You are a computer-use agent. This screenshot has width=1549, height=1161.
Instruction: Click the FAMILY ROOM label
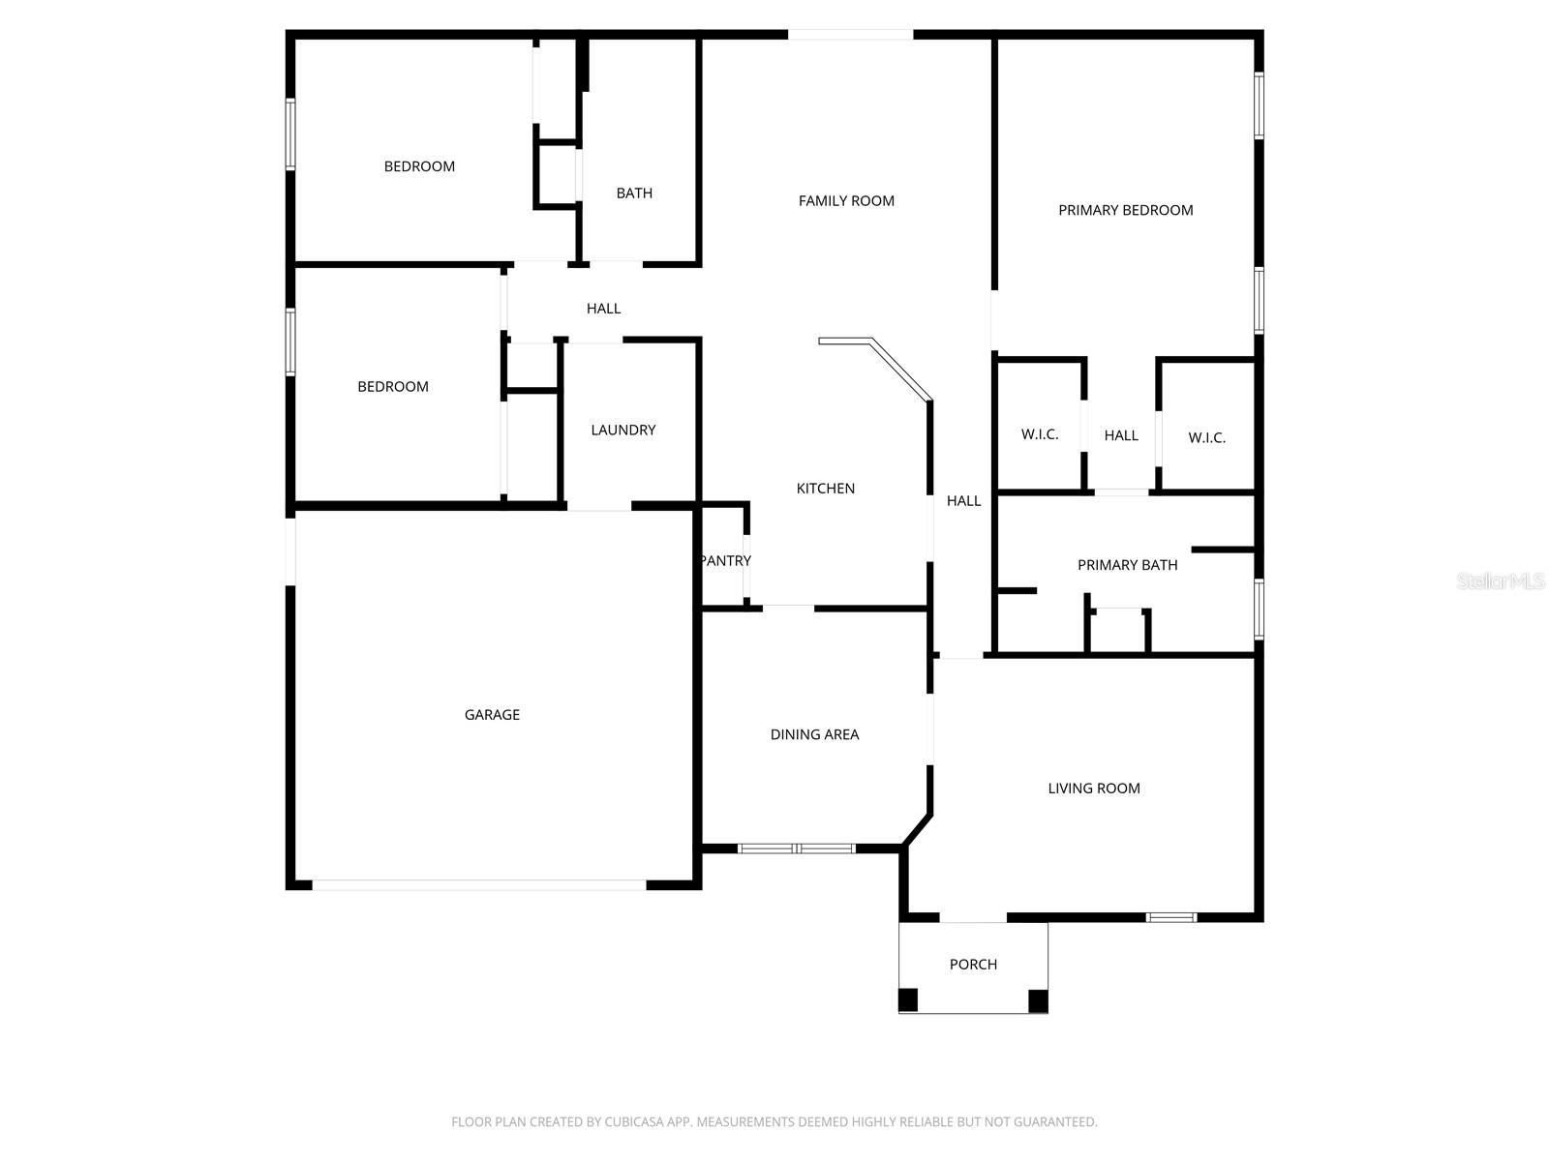click(x=846, y=201)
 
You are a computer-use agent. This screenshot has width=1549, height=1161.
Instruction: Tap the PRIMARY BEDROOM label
click(x=1126, y=210)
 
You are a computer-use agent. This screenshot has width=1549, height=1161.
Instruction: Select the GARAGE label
click(x=492, y=715)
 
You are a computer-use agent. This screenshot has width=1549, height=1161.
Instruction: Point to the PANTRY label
click(x=725, y=560)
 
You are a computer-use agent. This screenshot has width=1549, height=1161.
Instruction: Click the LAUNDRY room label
click(x=623, y=430)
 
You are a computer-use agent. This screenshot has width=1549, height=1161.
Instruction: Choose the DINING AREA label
click(x=814, y=734)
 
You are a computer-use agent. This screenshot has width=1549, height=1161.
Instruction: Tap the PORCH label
click(x=973, y=965)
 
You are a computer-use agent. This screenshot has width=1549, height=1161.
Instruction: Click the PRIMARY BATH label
click(x=1127, y=565)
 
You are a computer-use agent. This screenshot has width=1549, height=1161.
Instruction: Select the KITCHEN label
click(x=825, y=489)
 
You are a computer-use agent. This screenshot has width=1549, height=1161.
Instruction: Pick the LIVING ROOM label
click(x=1094, y=789)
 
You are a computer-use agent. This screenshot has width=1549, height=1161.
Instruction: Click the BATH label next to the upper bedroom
click(x=634, y=193)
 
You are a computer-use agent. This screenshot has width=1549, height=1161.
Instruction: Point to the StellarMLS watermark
click(x=1501, y=580)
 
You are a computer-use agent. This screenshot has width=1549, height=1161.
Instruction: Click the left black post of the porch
click(x=907, y=1000)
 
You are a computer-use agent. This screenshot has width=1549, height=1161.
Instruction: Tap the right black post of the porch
click(x=1038, y=1000)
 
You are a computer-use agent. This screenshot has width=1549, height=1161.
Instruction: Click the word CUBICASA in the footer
click(x=632, y=1121)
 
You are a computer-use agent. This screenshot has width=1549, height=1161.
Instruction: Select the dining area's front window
click(x=797, y=848)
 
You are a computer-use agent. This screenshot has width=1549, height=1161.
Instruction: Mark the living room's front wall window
click(x=1170, y=917)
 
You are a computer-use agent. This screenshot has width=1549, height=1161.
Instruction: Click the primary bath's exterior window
click(x=1259, y=610)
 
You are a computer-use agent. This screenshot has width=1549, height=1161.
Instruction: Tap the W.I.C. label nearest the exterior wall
click(x=1206, y=437)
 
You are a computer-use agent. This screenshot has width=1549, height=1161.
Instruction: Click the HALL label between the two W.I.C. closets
click(x=1121, y=435)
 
